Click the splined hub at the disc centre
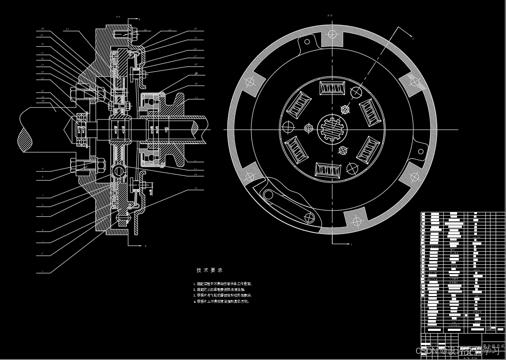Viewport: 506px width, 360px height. click(x=333, y=130)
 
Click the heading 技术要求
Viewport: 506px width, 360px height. click(x=210, y=270)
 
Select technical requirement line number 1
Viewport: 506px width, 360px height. click(x=223, y=284)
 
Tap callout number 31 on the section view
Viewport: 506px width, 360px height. click(x=196, y=98)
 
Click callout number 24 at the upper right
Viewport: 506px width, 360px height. click(x=195, y=29)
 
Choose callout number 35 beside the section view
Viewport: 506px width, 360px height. click(x=195, y=188)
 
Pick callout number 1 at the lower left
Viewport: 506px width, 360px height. click(x=43, y=271)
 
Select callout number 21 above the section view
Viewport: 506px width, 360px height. click(x=67, y=30)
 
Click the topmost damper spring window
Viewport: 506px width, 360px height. click(x=332, y=88)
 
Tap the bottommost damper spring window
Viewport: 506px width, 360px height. click(x=329, y=170)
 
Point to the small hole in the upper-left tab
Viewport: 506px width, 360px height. click(x=307, y=42)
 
